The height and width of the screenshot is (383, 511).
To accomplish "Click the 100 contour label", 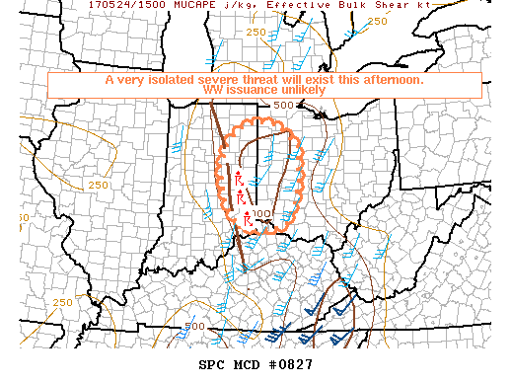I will (261, 213).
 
